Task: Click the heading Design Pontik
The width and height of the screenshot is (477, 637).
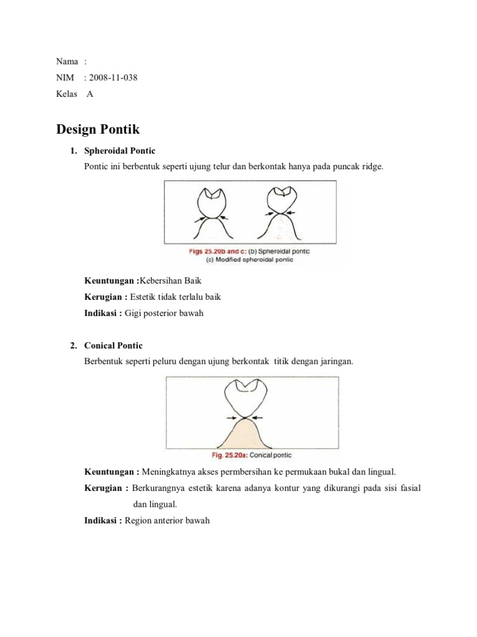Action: click(x=98, y=129)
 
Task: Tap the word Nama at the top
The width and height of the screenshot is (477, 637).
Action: click(x=67, y=61)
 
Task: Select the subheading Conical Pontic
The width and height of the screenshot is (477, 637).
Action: click(x=113, y=346)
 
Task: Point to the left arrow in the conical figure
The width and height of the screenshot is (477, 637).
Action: click(x=231, y=417)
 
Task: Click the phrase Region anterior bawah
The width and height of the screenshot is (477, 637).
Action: click(x=167, y=520)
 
